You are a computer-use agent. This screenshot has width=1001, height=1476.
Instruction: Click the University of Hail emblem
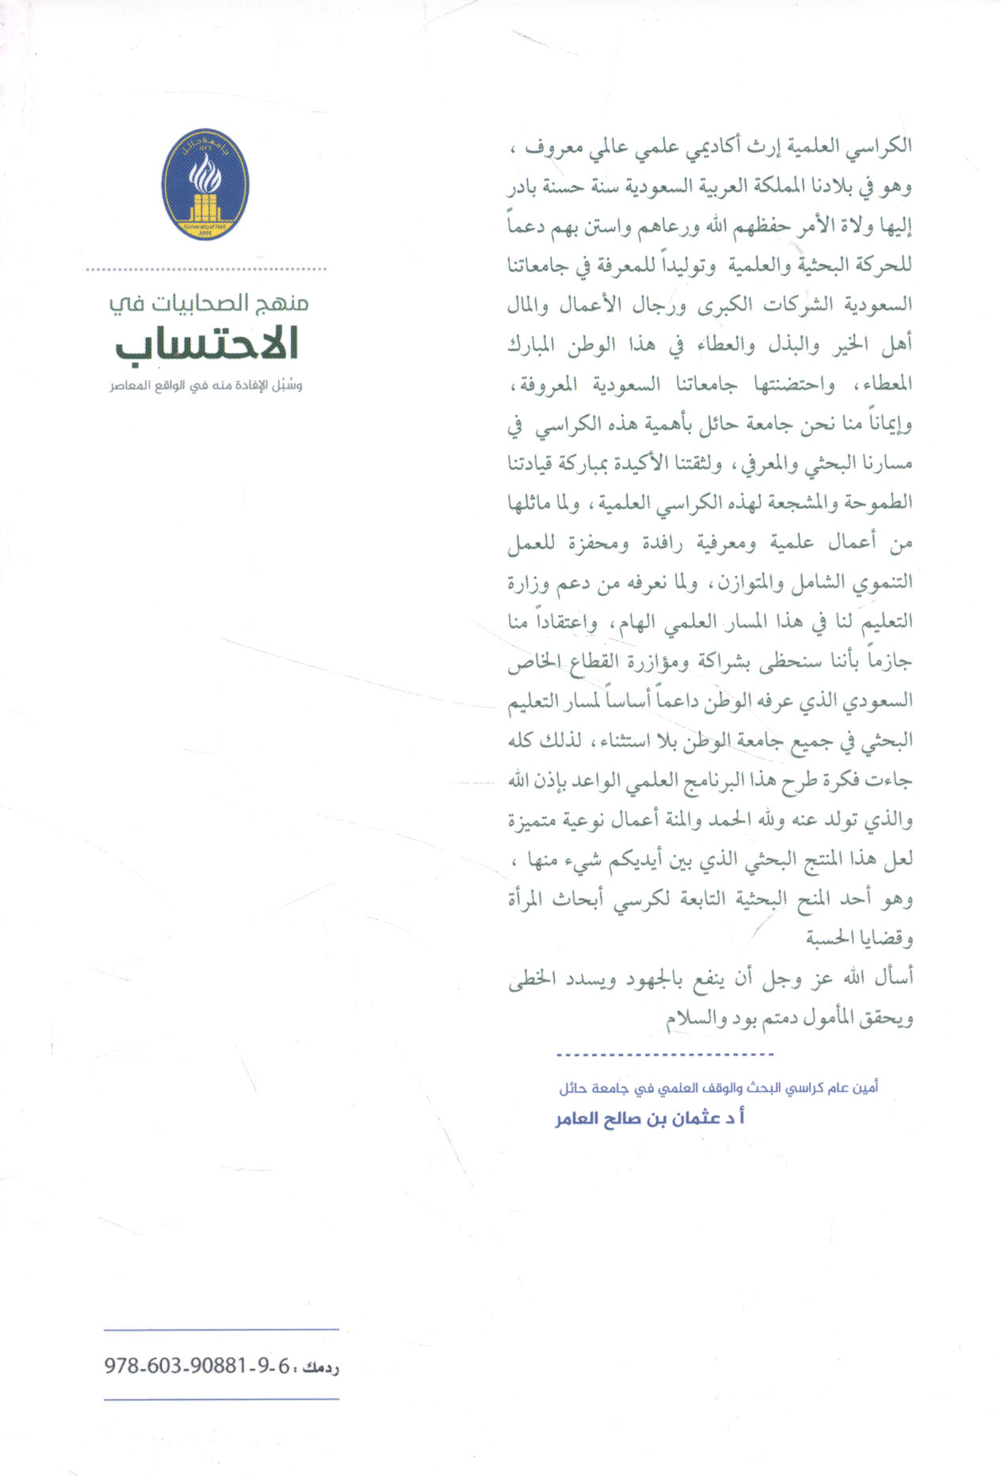click(x=205, y=185)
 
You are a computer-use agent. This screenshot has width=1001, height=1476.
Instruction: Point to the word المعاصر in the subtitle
click(x=128, y=387)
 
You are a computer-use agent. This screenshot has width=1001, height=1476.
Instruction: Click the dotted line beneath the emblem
click(x=206, y=269)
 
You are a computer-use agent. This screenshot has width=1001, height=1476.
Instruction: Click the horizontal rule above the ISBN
click(x=221, y=1329)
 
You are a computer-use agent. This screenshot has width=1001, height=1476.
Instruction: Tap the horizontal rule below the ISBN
click(x=221, y=1400)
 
